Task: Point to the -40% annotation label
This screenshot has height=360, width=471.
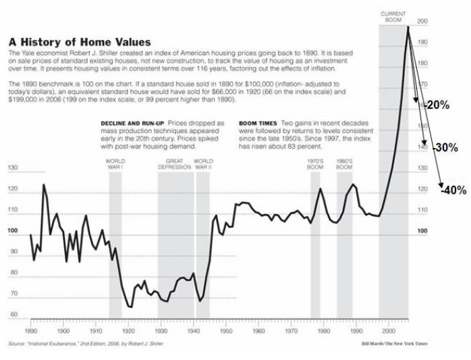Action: pyautogui.click(x=453, y=190)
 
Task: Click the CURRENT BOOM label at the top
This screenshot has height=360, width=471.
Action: pyautogui.click(x=393, y=16)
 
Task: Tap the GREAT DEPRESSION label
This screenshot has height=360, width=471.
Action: pyautogui.click(x=175, y=163)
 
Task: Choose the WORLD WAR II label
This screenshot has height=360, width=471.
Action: pyautogui.click(x=203, y=163)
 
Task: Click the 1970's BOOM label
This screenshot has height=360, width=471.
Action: pyautogui.click(x=316, y=163)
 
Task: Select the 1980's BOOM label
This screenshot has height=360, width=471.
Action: pyautogui.click(x=345, y=163)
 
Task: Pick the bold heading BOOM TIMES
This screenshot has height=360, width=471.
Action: pyautogui.click(x=257, y=122)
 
